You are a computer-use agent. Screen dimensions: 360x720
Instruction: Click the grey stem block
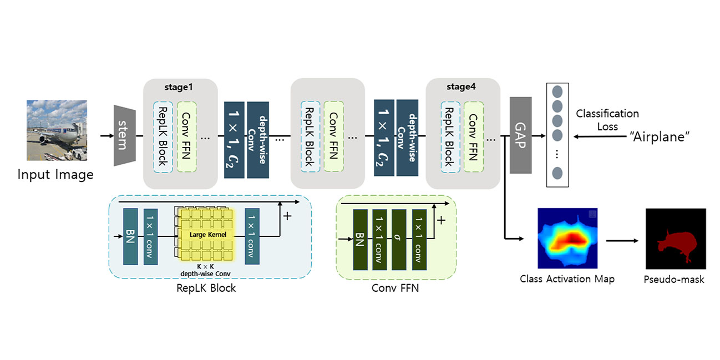[125, 135]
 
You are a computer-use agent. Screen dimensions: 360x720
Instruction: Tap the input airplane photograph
[57, 130]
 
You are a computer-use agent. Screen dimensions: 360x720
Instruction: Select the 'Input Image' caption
[55, 175]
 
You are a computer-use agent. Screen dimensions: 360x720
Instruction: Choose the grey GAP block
[521, 135]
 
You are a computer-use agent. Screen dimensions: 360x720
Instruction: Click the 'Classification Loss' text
[607, 120]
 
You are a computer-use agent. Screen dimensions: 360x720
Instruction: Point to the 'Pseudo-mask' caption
[674, 279]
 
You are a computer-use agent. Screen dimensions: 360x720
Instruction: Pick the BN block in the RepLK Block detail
[130, 236]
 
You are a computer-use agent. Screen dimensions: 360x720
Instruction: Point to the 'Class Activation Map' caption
[567, 278]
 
